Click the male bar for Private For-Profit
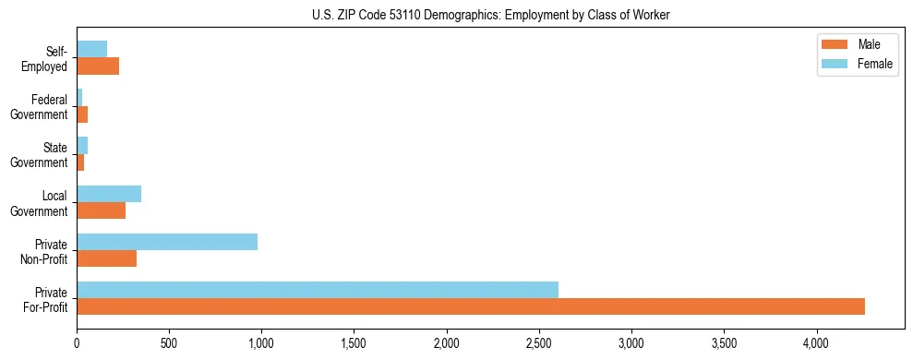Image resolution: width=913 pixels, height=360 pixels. pyautogui.click(x=471, y=306)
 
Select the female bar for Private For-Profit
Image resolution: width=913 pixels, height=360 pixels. pyautogui.click(x=318, y=290)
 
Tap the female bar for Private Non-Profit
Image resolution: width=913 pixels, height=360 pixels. pyautogui.click(x=167, y=242)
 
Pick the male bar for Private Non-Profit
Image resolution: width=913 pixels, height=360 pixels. pyautogui.click(x=107, y=258)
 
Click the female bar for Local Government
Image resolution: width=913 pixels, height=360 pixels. pyautogui.click(x=109, y=194)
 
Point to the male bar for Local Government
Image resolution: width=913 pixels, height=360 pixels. pyautogui.click(x=102, y=210)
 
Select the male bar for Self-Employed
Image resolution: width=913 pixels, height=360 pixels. pyautogui.click(x=98, y=66)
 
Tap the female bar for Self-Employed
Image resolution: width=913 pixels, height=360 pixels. pyautogui.click(x=92, y=49)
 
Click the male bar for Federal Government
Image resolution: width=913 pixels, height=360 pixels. pyautogui.click(x=82, y=114)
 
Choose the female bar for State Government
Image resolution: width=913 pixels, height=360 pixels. pyautogui.click(x=82, y=146)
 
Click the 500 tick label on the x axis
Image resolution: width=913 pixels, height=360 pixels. pyautogui.click(x=169, y=342)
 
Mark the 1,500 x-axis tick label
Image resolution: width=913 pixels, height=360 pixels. pyautogui.click(x=354, y=342)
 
